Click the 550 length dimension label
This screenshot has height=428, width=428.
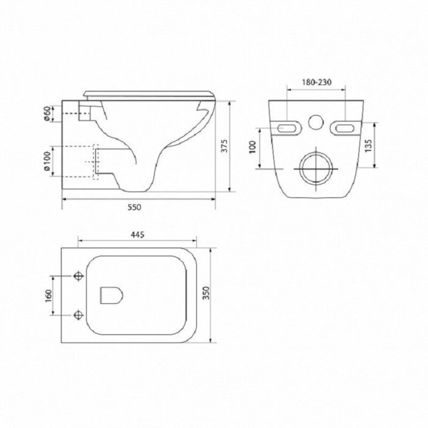tap(135, 207)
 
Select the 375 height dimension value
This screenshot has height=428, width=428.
tap(224, 146)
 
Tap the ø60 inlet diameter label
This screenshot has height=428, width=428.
tap(47, 114)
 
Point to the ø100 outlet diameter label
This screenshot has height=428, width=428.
tap(47, 161)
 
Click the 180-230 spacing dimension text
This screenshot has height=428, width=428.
tap(317, 82)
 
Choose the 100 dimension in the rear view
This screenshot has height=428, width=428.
tap(253, 147)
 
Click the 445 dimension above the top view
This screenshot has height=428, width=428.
tap(137, 235)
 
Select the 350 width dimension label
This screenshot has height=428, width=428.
tap(206, 293)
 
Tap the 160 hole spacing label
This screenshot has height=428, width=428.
tap(49, 296)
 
